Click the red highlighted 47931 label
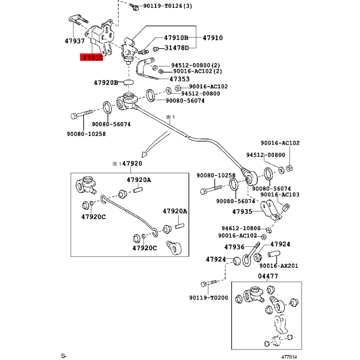click(x=91, y=57)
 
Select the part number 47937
click(x=75, y=41)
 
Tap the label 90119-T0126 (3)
click(x=167, y=6)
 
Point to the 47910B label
click(x=176, y=37)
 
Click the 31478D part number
click(x=176, y=48)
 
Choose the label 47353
click(x=180, y=79)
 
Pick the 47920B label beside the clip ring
click(x=106, y=82)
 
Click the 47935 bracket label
click(x=242, y=211)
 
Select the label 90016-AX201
click(x=279, y=265)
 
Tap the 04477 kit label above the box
click(x=268, y=276)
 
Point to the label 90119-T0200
click(x=209, y=298)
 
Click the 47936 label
click(x=234, y=247)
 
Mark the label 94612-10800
click(x=241, y=228)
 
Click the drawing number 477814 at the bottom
click(x=289, y=357)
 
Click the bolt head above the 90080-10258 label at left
click(x=74, y=116)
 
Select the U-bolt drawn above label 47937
click(x=78, y=20)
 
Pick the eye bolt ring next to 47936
click(x=247, y=261)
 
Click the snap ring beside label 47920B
click(x=129, y=82)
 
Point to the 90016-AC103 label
click(x=280, y=194)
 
